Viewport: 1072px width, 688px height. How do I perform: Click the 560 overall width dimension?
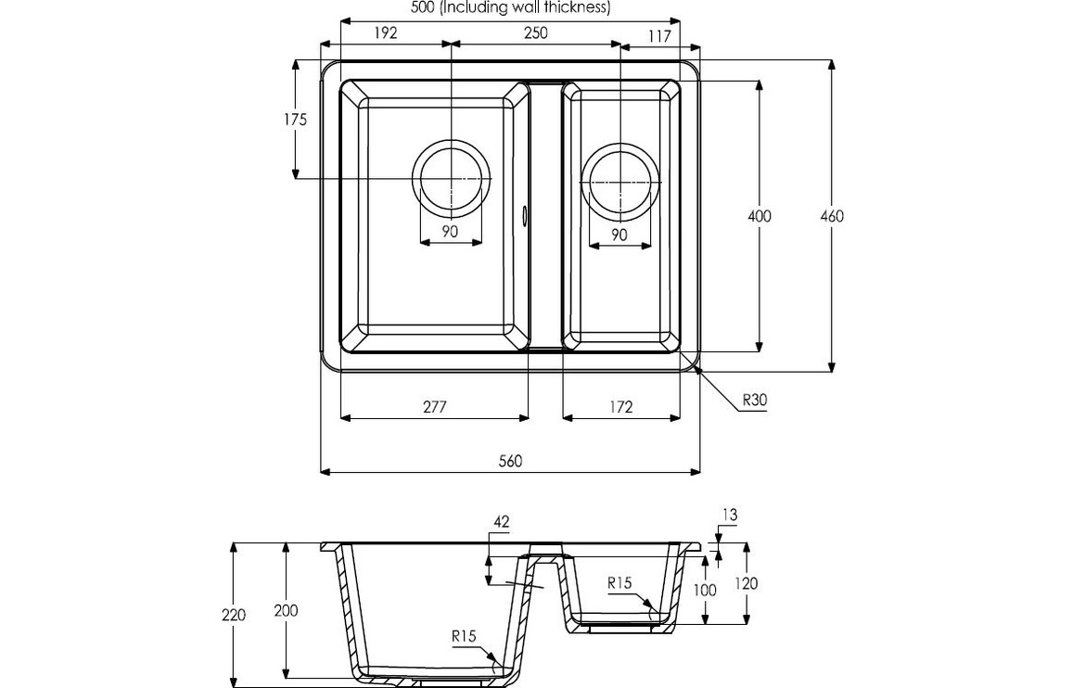(x=510, y=461)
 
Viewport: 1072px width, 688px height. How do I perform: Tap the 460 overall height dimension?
(x=832, y=216)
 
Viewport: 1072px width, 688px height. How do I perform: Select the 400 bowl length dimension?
(x=759, y=216)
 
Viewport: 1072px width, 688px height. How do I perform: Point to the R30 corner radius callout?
(x=754, y=401)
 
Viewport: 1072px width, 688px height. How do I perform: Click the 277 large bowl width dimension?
(x=434, y=406)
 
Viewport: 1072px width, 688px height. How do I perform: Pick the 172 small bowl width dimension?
(x=620, y=406)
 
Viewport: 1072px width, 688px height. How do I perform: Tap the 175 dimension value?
(x=296, y=119)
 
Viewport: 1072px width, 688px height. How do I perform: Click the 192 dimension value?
(x=386, y=32)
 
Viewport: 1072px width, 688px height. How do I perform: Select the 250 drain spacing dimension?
(x=535, y=32)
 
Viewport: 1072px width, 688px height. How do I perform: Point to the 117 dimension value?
(x=660, y=37)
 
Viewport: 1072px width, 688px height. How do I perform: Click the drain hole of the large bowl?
(x=451, y=177)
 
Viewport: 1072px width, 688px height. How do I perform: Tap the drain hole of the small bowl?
(x=620, y=182)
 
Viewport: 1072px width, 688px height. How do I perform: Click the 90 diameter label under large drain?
(x=450, y=232)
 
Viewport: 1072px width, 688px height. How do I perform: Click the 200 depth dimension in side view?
(x=286, y=610)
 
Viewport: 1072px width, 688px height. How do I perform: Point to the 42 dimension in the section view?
(x=502, y=523)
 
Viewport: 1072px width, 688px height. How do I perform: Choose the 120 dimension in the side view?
(x=746, y=583)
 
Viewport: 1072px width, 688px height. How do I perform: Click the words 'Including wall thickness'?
(x=525, y=7)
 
